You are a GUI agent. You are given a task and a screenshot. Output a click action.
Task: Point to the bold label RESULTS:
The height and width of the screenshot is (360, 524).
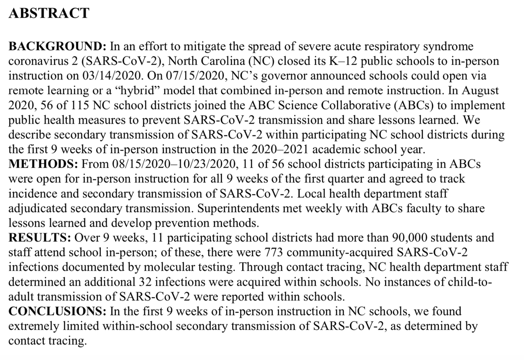pyautogui.click(x=40, y=238)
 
